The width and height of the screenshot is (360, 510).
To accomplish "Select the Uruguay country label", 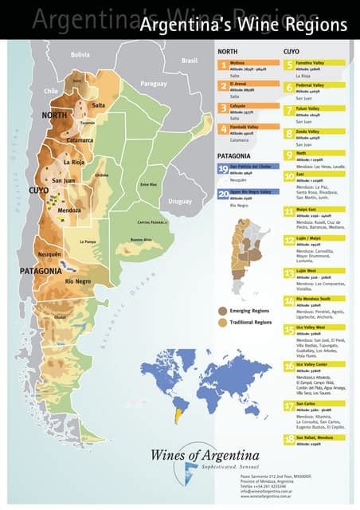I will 180,201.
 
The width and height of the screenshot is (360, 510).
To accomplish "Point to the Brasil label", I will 189,61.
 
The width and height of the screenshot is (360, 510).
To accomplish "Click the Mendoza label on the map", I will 69,210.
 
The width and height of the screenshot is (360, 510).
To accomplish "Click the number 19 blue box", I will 224,169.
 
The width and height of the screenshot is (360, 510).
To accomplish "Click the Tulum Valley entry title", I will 310,108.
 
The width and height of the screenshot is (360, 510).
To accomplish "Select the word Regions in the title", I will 319,25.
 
